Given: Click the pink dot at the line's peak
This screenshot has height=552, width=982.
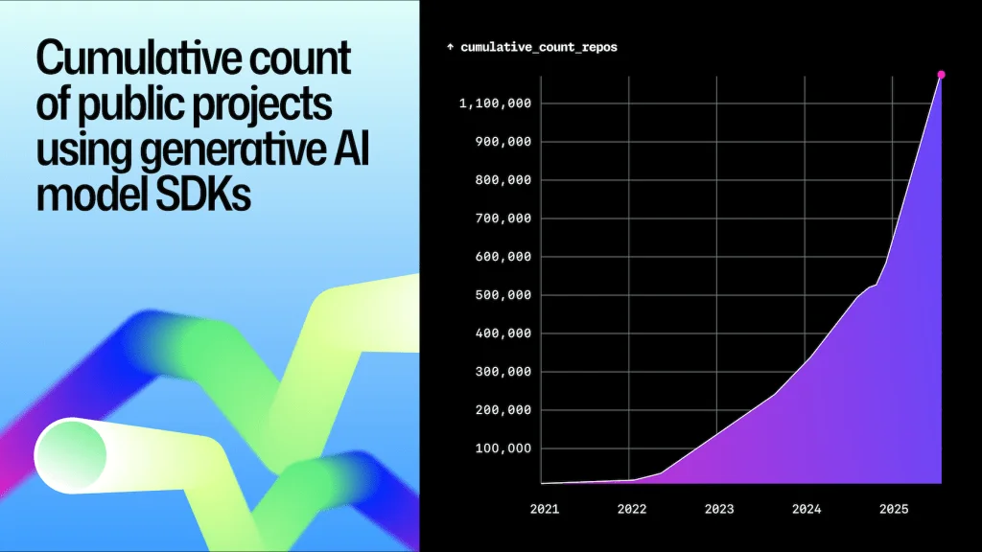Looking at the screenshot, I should [x=941, y=75].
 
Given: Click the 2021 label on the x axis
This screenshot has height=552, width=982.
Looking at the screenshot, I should [x=544, y=509].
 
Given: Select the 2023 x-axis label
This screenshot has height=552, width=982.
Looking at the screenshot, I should [x=718, y=509].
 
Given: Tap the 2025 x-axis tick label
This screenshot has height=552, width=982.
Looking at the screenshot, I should [x=894, y=509].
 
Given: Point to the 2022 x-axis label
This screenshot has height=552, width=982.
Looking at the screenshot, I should [x=631, y=509].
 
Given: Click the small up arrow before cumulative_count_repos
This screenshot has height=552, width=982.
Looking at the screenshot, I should [x=451, y=47].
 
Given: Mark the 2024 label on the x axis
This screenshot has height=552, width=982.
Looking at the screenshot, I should [x=806, y=509].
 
